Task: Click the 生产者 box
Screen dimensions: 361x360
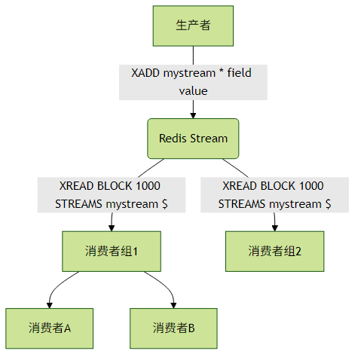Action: click(193, 26)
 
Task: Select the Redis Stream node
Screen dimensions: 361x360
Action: click(193, 139)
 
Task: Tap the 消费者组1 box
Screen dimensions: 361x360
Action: click(112, 252)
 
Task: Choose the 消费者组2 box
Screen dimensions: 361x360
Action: click(275, 252)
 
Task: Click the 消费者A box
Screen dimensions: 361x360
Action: click(50, 328)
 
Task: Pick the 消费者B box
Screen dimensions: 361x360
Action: click(173, 328)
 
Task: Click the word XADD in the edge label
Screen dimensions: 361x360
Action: click(145, 73)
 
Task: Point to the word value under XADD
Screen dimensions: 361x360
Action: click(193, 91)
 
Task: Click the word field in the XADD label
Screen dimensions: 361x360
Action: click(239, 73)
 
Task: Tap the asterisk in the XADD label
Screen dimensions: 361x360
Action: click(221, 71)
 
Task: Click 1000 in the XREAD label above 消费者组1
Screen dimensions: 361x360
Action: click(148, 186)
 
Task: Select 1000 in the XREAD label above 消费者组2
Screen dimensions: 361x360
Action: click(311, 186)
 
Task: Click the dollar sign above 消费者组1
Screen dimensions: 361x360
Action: click(165, 204)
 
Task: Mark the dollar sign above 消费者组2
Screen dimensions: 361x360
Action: click(328, 204)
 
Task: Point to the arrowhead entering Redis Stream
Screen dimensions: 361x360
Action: click(193, 115)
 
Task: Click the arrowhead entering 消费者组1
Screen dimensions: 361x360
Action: click(112, 228)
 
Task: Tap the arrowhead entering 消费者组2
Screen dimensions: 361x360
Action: click(275, 228)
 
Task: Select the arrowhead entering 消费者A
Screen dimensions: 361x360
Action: click(50, 305)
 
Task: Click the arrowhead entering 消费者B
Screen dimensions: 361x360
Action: click(173, 305)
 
